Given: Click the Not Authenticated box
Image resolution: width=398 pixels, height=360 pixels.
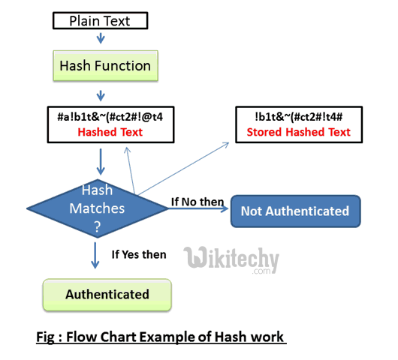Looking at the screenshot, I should click(294, 211).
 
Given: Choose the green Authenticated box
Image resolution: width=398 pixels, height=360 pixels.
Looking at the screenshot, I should click(107, 294).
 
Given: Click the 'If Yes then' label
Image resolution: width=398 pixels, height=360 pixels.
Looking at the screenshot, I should click(138, 254).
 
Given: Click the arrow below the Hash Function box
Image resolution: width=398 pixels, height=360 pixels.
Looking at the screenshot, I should click(101, 95).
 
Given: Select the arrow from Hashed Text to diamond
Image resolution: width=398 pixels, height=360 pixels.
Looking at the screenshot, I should click(100, 160).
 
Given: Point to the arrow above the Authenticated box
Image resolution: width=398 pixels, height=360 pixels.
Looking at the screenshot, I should click(95, 256).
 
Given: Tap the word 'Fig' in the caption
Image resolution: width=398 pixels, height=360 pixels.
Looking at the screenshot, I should click(46, 336).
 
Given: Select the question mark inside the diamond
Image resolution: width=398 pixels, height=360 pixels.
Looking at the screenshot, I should click(96, 223).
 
